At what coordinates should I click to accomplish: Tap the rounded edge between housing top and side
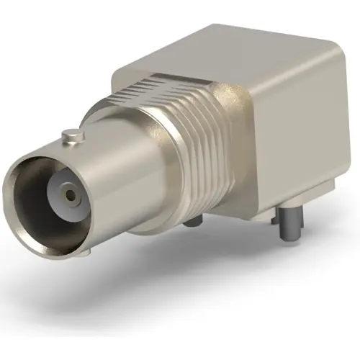click(281, 61)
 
